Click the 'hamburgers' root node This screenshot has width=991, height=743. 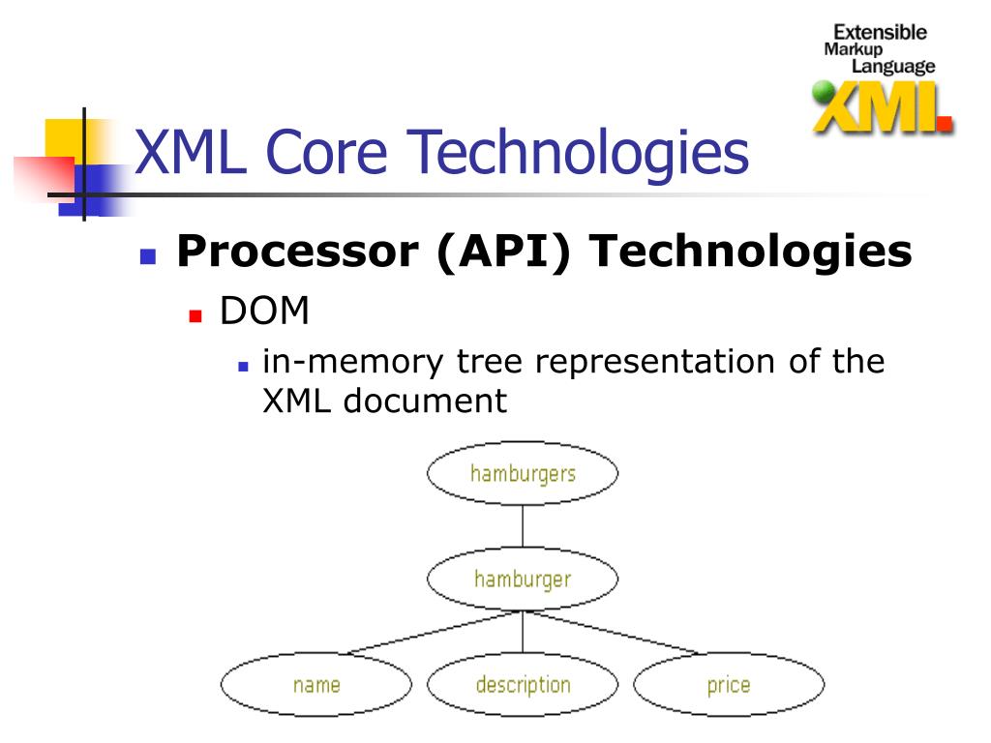[523, 474]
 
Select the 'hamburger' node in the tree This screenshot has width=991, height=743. [523, 580]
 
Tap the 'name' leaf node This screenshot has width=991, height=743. [316, 685]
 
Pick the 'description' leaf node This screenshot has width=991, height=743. [523, 685]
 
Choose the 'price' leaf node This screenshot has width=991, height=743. [729, 685]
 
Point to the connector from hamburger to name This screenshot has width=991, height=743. [435, 632]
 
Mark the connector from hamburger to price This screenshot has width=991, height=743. [610, 632]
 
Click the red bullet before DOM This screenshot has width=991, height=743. [195, 315]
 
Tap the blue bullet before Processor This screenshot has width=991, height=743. [147, 257]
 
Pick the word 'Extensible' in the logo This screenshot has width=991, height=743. [880, 32]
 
